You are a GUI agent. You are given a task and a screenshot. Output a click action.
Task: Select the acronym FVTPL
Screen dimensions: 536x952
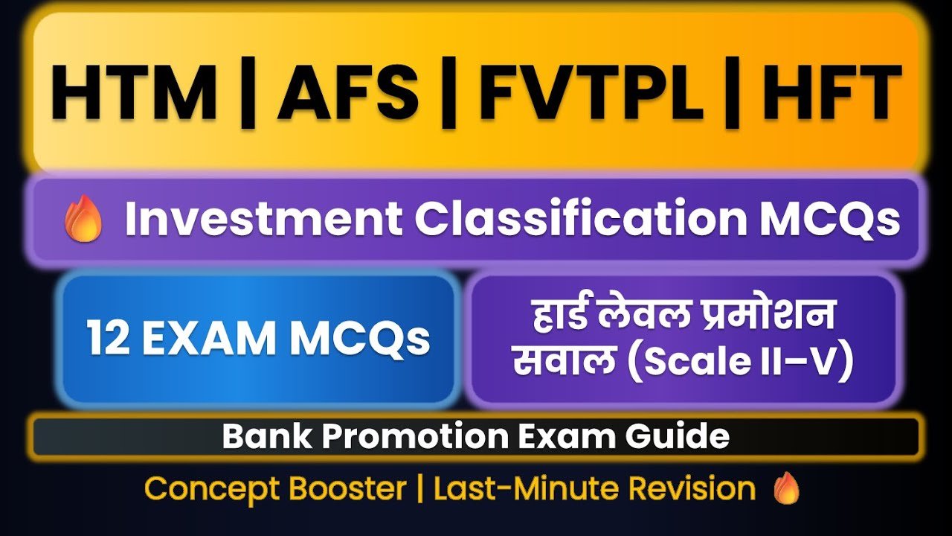[x=591, y=95]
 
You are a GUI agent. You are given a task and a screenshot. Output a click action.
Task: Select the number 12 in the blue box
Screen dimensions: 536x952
[x=108, y=339]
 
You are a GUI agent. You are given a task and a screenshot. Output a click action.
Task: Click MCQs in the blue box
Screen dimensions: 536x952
[x=359, y=339]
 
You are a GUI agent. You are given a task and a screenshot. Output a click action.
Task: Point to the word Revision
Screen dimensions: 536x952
[x=691, y=489]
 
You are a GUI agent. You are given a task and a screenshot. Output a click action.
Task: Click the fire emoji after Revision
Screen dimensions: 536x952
[x=785, y=489]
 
